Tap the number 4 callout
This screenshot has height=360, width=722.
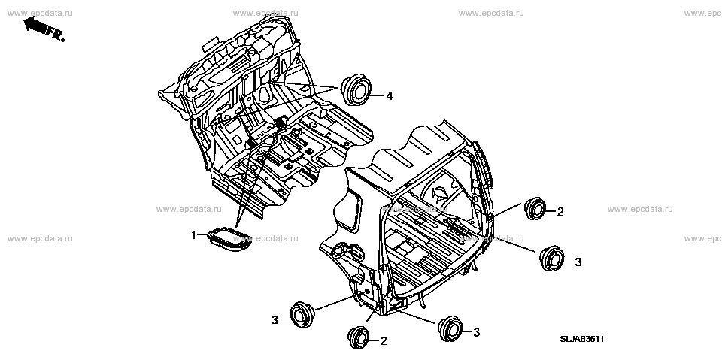(x=390, y=96)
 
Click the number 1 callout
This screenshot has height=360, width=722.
(x=193, y=235)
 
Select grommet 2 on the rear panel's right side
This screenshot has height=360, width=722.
(x=534, y=208)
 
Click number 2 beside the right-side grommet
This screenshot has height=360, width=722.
(x=560, y=213)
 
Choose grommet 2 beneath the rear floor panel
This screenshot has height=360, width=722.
(x=359, y=337)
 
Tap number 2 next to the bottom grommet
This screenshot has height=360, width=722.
(x=384, y=341)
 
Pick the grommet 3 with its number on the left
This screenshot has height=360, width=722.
(x=302, y=314)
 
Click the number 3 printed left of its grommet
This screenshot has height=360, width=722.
(x=275, y=319)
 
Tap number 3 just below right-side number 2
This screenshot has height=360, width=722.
(x=578, y=262)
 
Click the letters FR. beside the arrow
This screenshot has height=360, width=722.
(x=54, y=32)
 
